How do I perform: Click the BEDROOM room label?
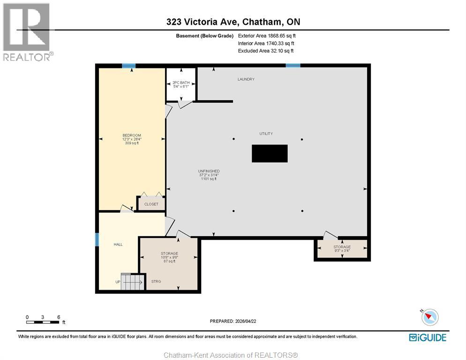[131, 135]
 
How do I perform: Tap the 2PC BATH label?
[181, 82]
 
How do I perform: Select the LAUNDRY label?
[246, 79]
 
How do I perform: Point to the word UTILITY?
[266, 134]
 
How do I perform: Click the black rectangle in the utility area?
[270, 153]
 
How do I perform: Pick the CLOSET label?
[151, 204]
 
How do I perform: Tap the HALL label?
[118, 244]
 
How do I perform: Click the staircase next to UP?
[131, 281]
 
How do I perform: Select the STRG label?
[156, 281]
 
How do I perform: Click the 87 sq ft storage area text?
[169, 261]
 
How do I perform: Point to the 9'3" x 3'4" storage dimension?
[342, 251]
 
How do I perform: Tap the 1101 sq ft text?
[209, 179]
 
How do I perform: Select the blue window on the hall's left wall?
[97, 240]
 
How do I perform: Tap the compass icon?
[429, 317]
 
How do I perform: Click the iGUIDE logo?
[427, 337]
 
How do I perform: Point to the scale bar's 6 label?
[58, 317]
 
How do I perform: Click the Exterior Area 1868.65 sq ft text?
[267, 35]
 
